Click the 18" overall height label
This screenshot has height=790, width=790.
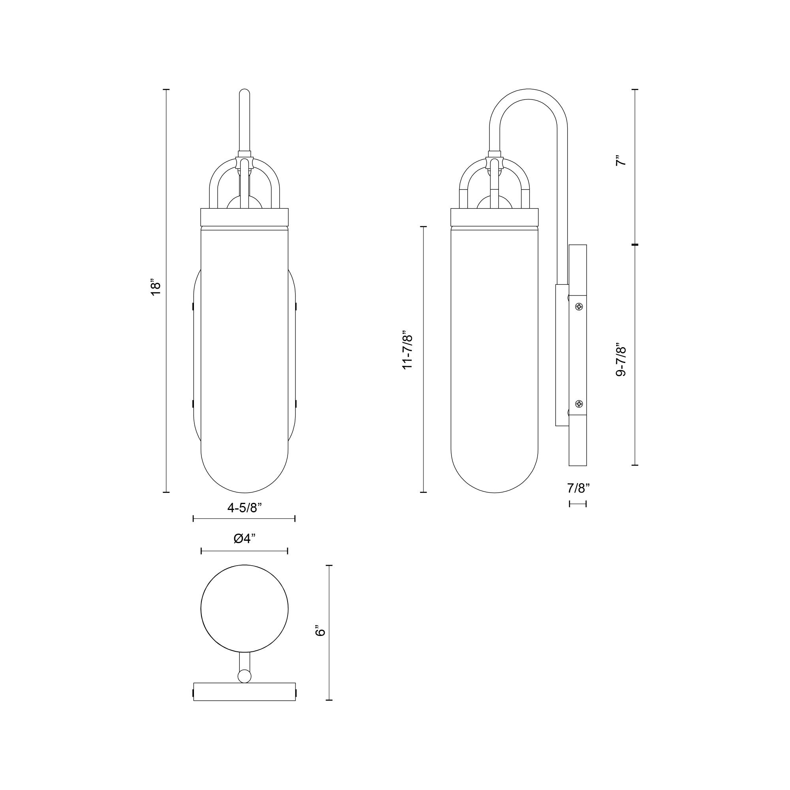(156, 288)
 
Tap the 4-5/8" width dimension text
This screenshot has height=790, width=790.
(244, 508)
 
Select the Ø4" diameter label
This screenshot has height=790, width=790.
(245, 539)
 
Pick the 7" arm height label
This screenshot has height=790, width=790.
(621, 160)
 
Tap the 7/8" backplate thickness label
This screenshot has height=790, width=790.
(578, 488)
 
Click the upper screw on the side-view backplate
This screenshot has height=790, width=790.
(579, 306)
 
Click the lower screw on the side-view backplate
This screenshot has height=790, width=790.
(579, 404)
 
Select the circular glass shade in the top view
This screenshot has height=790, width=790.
(245, 609)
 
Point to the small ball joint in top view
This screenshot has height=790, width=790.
(244, 676)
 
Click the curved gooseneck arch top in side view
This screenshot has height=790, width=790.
(528, 94)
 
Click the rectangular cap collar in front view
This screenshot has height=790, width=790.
(245, 217)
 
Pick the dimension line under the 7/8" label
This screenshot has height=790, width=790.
(578, 504)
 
